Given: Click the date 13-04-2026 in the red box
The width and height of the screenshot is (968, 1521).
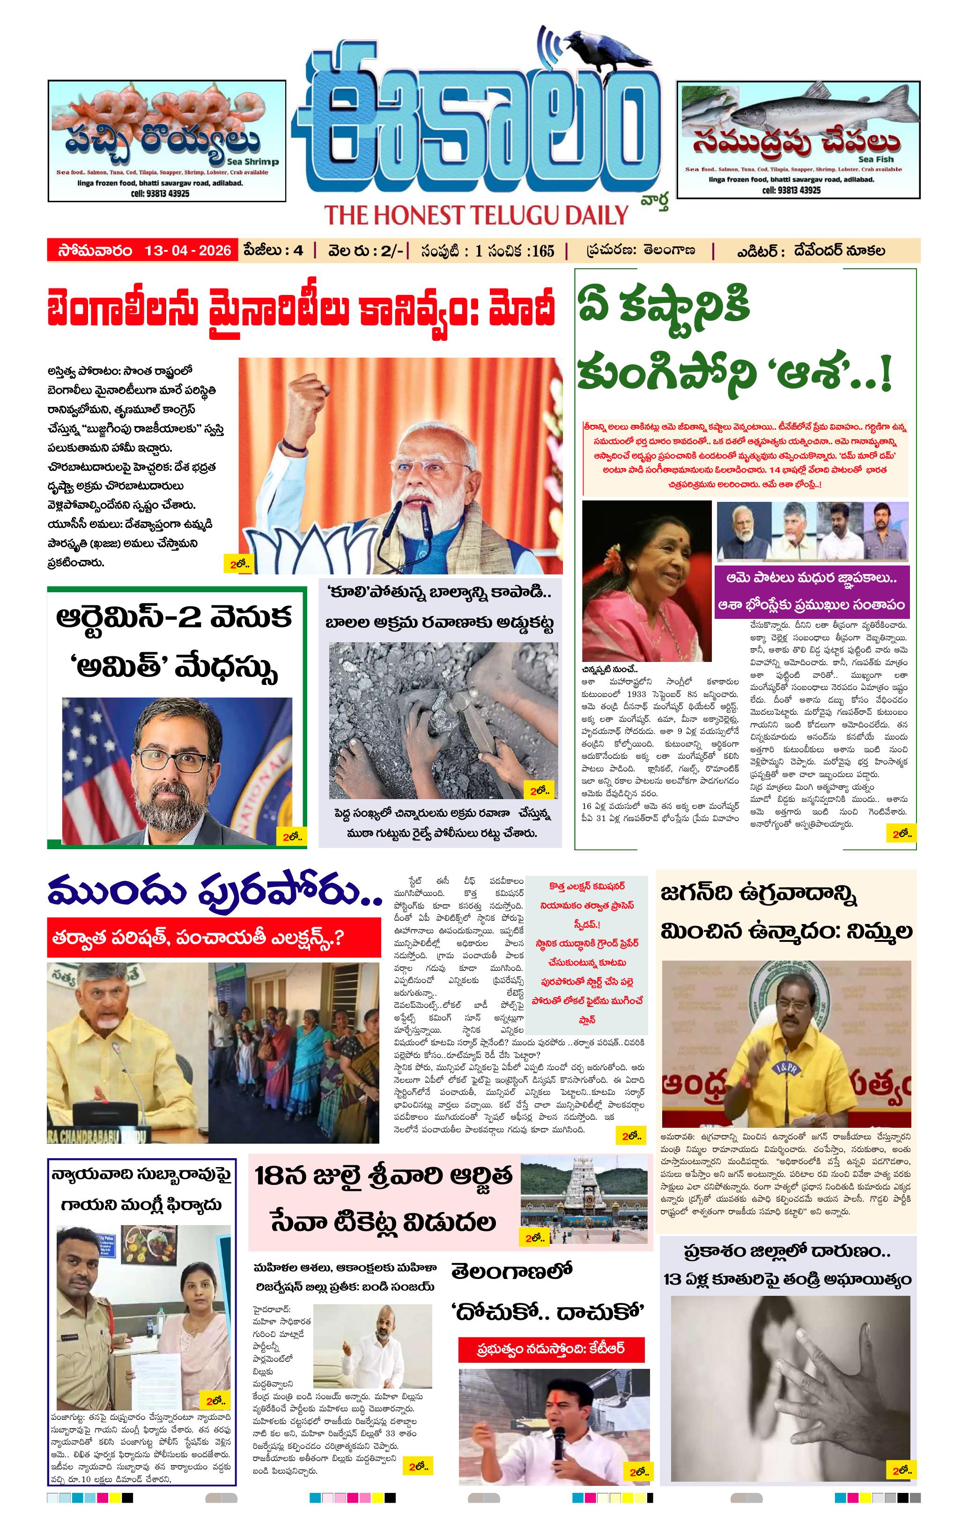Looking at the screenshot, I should coord(188,250).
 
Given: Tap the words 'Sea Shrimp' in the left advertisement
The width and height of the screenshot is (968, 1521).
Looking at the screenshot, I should coord(253,162).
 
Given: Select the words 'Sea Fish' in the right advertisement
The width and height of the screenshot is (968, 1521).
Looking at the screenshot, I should coord(875,159).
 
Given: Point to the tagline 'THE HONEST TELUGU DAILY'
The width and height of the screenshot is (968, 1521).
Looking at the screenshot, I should coord(476,215).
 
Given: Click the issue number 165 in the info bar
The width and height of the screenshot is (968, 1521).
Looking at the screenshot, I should coord(542,251).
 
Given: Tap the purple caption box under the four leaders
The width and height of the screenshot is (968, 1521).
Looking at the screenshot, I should coord(811,591).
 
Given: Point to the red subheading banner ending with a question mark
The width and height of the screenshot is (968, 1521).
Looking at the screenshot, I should coord(214,937).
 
